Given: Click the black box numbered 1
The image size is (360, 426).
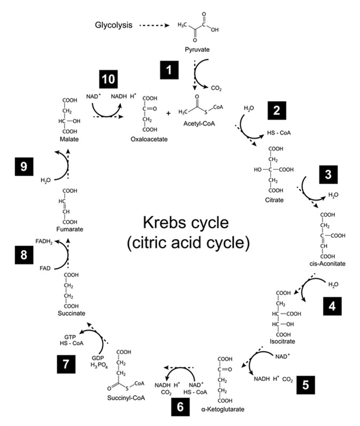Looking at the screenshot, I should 168,69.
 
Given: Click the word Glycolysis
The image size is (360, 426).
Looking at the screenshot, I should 113,25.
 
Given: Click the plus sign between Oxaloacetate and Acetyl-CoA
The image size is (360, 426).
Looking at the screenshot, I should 168,113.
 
